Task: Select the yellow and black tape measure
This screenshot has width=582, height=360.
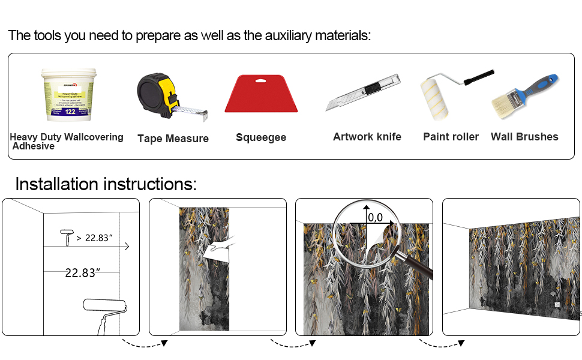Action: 158,93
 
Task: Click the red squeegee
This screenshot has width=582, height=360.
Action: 261,94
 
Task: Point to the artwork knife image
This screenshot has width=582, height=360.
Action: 362,93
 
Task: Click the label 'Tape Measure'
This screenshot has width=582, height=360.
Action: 173,139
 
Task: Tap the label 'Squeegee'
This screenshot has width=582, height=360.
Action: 261,137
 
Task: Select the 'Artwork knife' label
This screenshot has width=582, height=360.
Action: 367,137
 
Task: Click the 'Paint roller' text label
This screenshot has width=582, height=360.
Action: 451,137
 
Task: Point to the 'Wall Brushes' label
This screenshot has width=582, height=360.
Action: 524,137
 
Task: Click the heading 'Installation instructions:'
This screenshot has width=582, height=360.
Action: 106,184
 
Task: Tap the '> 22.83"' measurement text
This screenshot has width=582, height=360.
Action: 95,238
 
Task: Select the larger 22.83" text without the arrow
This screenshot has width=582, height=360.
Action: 82,273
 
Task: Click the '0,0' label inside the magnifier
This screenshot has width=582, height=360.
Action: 376,217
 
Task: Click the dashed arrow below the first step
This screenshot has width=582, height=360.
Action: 144,343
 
